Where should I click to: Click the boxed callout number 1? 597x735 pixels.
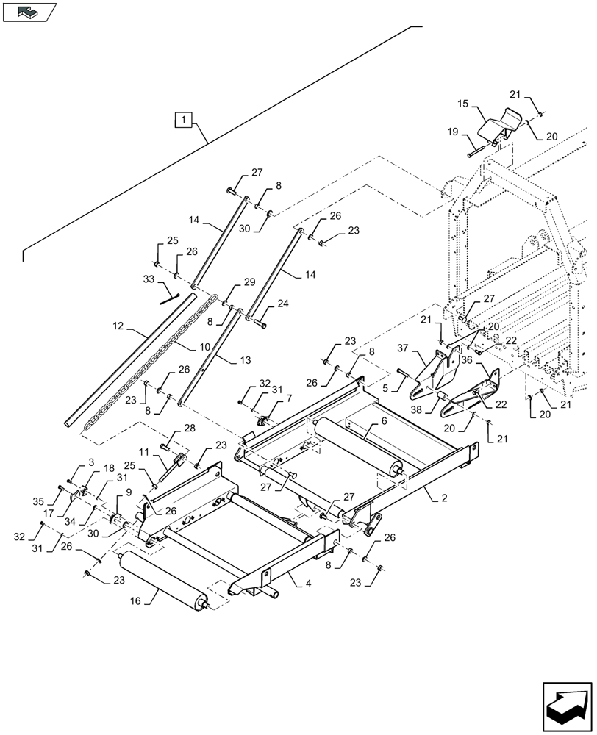coord(183,118)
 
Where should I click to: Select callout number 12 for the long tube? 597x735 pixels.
coord(118,325)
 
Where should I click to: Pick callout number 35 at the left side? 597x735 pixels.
coord(60,503)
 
